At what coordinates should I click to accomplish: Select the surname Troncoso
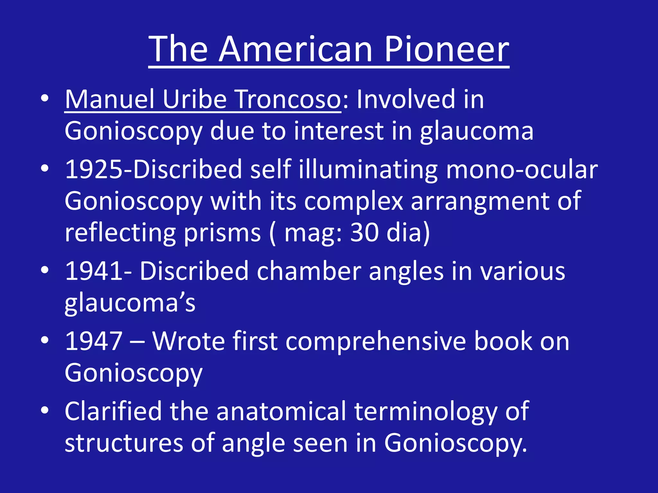click(x=288, y=99)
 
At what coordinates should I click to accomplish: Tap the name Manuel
click(x=110, y=99)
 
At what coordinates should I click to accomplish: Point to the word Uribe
click(x=195, y=99)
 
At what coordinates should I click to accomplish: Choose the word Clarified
click(x=113, y=411)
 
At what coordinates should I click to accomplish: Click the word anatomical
click(x=281, y=411)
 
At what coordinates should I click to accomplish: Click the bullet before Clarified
click(x=45, y=411)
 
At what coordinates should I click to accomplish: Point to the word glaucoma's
click(x=130, y=303)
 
